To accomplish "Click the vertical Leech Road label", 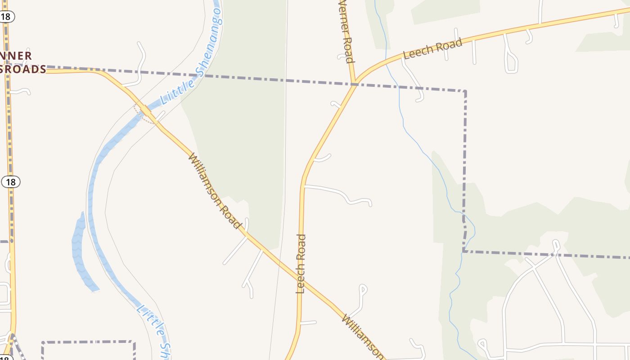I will [x=301, y=264].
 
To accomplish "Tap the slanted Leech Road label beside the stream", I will [x=432, y=49].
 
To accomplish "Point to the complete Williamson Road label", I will [x=215, y=190].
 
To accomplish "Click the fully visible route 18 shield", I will [x=11, y=182].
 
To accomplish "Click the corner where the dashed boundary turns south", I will [x=465, y=91].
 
